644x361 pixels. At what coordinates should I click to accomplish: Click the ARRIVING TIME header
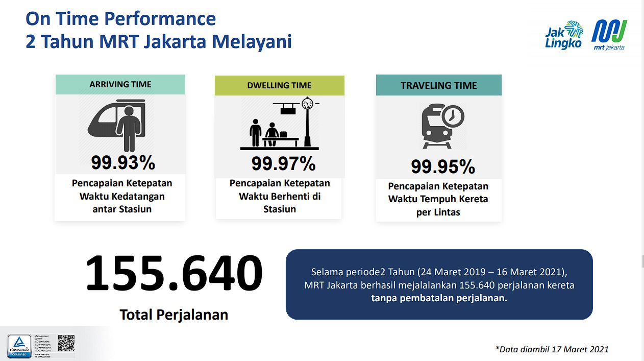tap(120, 84)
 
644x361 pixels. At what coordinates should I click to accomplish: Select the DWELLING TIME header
tap(279, 85)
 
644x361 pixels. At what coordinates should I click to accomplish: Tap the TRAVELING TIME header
tap(439, 85)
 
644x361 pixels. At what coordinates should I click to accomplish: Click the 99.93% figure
tap(123, 162)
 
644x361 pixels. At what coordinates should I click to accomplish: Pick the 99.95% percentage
tap(443, 166)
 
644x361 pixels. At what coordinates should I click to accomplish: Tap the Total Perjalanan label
tap(174, 315)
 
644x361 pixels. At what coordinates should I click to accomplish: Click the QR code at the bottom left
tap(66, 343)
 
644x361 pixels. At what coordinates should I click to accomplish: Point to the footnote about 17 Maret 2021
tap(552, 349)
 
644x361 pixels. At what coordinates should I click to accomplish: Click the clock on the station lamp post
tap(307, 104)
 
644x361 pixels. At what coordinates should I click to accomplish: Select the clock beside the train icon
tap(452, 116)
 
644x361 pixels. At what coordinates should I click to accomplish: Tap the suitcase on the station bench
tap(283, 134)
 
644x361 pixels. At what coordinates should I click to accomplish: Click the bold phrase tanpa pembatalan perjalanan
tap(439, 298)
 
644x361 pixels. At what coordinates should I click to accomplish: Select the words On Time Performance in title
tap(121, 19)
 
